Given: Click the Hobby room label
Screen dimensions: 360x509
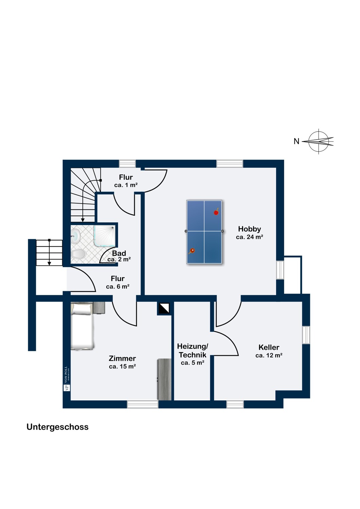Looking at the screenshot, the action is pyautogui.click(x=249, y=229).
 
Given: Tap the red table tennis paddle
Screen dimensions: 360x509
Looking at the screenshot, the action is pyautogui.click(x=216, y=212).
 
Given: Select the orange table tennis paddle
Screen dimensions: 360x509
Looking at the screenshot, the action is pyautogui.click(x=192, y=251).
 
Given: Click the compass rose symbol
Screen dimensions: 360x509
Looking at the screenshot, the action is pyautogui.click(x=318, y=142).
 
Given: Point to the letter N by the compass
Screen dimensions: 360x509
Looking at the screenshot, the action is pyautogui.click(x=296, y=142).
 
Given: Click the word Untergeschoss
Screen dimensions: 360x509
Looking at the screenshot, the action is pyautogui.click(x=57, y=427).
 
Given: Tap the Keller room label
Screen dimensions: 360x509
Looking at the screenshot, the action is pyautogui.click(x=269, y=347).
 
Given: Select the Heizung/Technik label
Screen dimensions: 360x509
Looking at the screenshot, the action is pyautogui.click(x=193, y=351).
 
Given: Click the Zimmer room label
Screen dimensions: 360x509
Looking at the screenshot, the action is pyautogui.click(x=122, y=358).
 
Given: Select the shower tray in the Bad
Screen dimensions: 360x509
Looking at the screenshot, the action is pyautogui.click(x=105, y=235).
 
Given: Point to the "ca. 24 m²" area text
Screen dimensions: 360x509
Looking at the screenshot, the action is pyautogui.click(x=250, y=237).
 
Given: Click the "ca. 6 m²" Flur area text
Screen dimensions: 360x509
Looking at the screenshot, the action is pyautogui.click(x=118, y=286).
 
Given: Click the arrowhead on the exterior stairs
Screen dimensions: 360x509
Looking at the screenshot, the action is pyautogui.click(x=49, y=263).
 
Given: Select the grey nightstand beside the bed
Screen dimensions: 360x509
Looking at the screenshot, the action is pyautogui.click(x=99, y=308).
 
